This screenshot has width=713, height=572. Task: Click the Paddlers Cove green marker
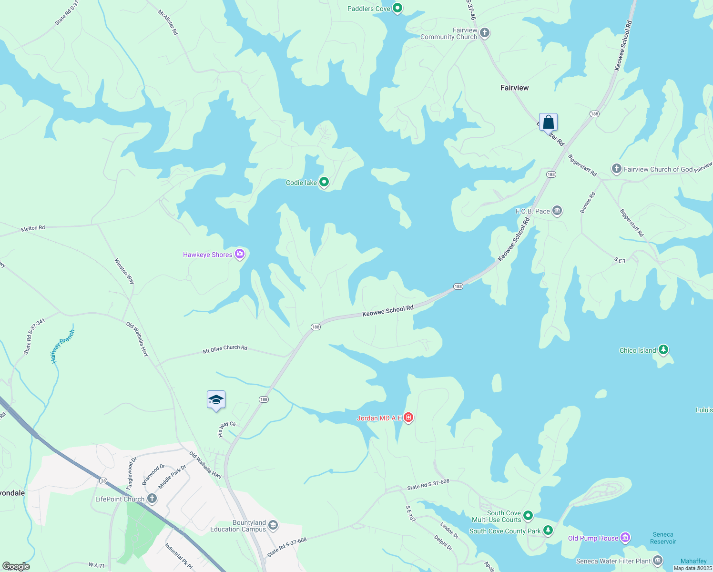pos(397,8)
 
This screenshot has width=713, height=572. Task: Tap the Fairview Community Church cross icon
pos(485,33)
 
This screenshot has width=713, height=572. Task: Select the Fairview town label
pos(514,88)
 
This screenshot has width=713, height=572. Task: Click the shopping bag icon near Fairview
pos(548,122)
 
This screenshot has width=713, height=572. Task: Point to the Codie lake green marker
pos(324,182)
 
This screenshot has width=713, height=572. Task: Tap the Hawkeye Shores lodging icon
pos(240,254)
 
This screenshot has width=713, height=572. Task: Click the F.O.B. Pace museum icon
pos(557,211)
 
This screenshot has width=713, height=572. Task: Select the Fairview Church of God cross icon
pos(616,169)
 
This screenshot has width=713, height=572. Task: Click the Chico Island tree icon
pos(663,350)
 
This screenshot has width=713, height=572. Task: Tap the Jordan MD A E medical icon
pos(408,418)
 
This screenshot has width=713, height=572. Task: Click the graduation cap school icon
pos(216,399)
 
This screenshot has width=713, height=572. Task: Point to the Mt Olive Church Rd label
pos(225,349)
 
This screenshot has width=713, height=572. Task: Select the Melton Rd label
pos(33,228)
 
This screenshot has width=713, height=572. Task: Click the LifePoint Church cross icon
pos(152,499)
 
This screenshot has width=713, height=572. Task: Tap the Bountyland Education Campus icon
pos(273,525)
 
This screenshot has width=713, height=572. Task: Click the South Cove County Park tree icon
pos(548,530)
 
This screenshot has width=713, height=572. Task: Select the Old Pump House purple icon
pos(625,538)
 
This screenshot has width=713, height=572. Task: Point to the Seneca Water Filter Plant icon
pos(658,560)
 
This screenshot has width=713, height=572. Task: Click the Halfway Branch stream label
pos(63,347)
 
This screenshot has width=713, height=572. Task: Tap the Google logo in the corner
pos(16,566)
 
